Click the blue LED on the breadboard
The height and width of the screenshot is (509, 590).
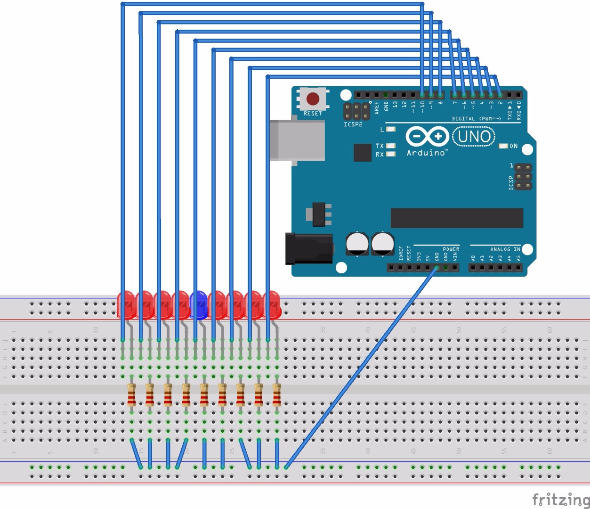coord(199,304)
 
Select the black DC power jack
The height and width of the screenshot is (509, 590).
coord(309,248)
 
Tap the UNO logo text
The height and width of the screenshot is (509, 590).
coord(474,137)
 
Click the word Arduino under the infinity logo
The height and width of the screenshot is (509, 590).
coord(426,153)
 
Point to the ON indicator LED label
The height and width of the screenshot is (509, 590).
coord(513,146)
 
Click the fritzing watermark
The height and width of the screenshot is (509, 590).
coord(560,499)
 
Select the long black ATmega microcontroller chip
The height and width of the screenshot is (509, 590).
coord(457,218)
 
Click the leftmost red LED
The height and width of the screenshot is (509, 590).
coord(126,304)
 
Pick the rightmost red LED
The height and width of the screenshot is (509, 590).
coord(272,304)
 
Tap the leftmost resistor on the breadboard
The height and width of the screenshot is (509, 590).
coord(132,395)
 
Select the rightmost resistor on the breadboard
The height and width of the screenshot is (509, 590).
coord(277,395)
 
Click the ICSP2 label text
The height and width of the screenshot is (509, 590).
coord(353,124)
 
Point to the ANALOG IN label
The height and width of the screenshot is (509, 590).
coord(505,249)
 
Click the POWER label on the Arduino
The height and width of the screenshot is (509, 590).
coord(451,249)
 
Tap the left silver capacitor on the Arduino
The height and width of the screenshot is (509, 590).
coord(357,244)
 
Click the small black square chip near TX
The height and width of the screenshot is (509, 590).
coord(363,152)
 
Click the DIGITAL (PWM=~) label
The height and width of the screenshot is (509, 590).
coord(476,119)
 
